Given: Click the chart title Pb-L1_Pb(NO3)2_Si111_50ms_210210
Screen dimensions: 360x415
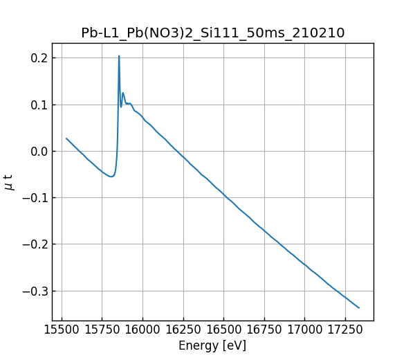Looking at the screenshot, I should coord(213,33).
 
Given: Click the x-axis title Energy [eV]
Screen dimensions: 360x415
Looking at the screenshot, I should coord(212,345).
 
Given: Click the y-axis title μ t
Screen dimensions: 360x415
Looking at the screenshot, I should coord(9,182).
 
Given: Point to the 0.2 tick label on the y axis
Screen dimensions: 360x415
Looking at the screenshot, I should coord(39,58).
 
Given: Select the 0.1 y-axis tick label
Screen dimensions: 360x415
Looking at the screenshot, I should coord(39,105).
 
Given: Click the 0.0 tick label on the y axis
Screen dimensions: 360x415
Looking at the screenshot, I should coord(39,152).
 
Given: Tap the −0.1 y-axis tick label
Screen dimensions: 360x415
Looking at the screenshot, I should coord(35,198).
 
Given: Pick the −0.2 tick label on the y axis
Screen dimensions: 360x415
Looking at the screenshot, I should coord(35,244).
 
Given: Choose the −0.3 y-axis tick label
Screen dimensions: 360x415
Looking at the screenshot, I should coord(35,291).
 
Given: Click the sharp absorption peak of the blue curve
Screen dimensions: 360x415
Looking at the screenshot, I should coord(119,56).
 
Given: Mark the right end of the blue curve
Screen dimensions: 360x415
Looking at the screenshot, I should coord(359,307).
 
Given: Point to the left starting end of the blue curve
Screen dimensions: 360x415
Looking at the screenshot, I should coord(66,138).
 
